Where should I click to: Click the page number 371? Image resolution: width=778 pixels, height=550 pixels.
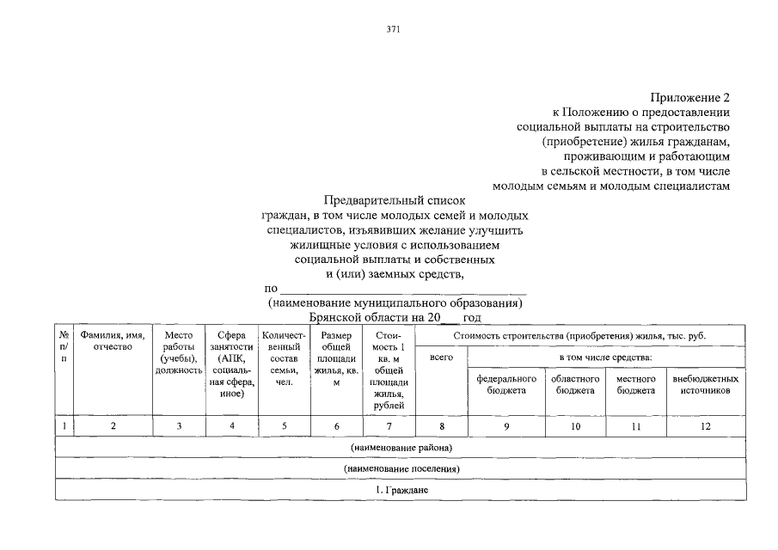coord(394,28)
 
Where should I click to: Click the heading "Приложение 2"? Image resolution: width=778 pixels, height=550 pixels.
coord(689,97)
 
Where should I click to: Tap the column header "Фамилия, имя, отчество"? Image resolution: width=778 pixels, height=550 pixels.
coord(113,340)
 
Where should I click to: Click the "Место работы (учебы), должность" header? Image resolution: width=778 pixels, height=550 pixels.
coord(179,352)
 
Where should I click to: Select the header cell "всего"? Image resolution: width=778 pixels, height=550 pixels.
coord(441,357)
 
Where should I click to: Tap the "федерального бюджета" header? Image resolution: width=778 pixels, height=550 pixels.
coord(506,384)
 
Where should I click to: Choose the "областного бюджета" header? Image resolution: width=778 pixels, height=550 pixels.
coord(575,384)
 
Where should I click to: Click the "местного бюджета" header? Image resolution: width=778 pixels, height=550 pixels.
coord(635,384)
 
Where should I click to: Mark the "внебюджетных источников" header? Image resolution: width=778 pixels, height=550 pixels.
coord(705,384)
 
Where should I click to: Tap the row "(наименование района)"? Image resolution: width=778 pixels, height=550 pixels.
coord(401,448)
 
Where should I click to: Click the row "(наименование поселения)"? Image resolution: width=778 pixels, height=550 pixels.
coord(401,469)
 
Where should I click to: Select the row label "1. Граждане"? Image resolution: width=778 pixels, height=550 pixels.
coord(401,490)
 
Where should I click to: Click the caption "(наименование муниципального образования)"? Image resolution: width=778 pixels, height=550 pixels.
coord(395,304)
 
